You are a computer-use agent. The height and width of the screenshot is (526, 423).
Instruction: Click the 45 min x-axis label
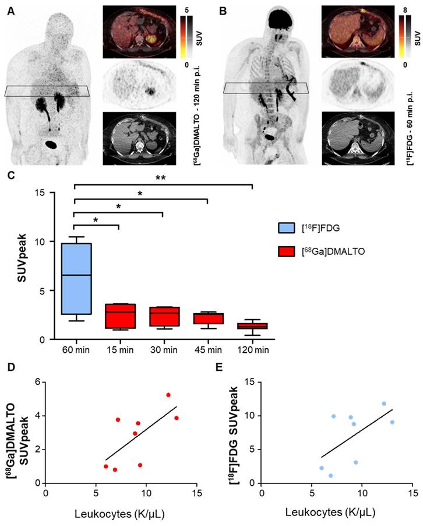click(207, 352)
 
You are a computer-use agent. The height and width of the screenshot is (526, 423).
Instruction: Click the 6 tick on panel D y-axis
click(39, 383)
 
